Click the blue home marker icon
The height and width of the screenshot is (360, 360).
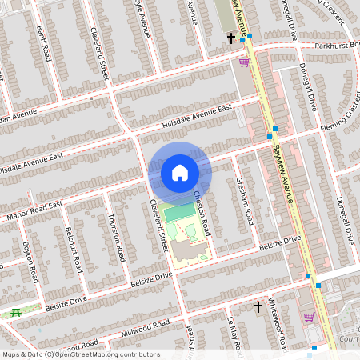pyautogui.click(x=180, y=173)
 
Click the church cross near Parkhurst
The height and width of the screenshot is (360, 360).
pyautogui.click(x=231, y=38)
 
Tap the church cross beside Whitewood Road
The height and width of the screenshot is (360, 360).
pyautogui.click(x=258, y=306)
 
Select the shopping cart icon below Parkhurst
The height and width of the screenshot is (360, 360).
pyautogui.click(x=243, y=62)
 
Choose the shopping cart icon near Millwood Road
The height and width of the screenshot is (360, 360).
pyautogui.click(x=308, y=317)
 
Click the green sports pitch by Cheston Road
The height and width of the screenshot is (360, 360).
pyautogui.click(x=182, y=211)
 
